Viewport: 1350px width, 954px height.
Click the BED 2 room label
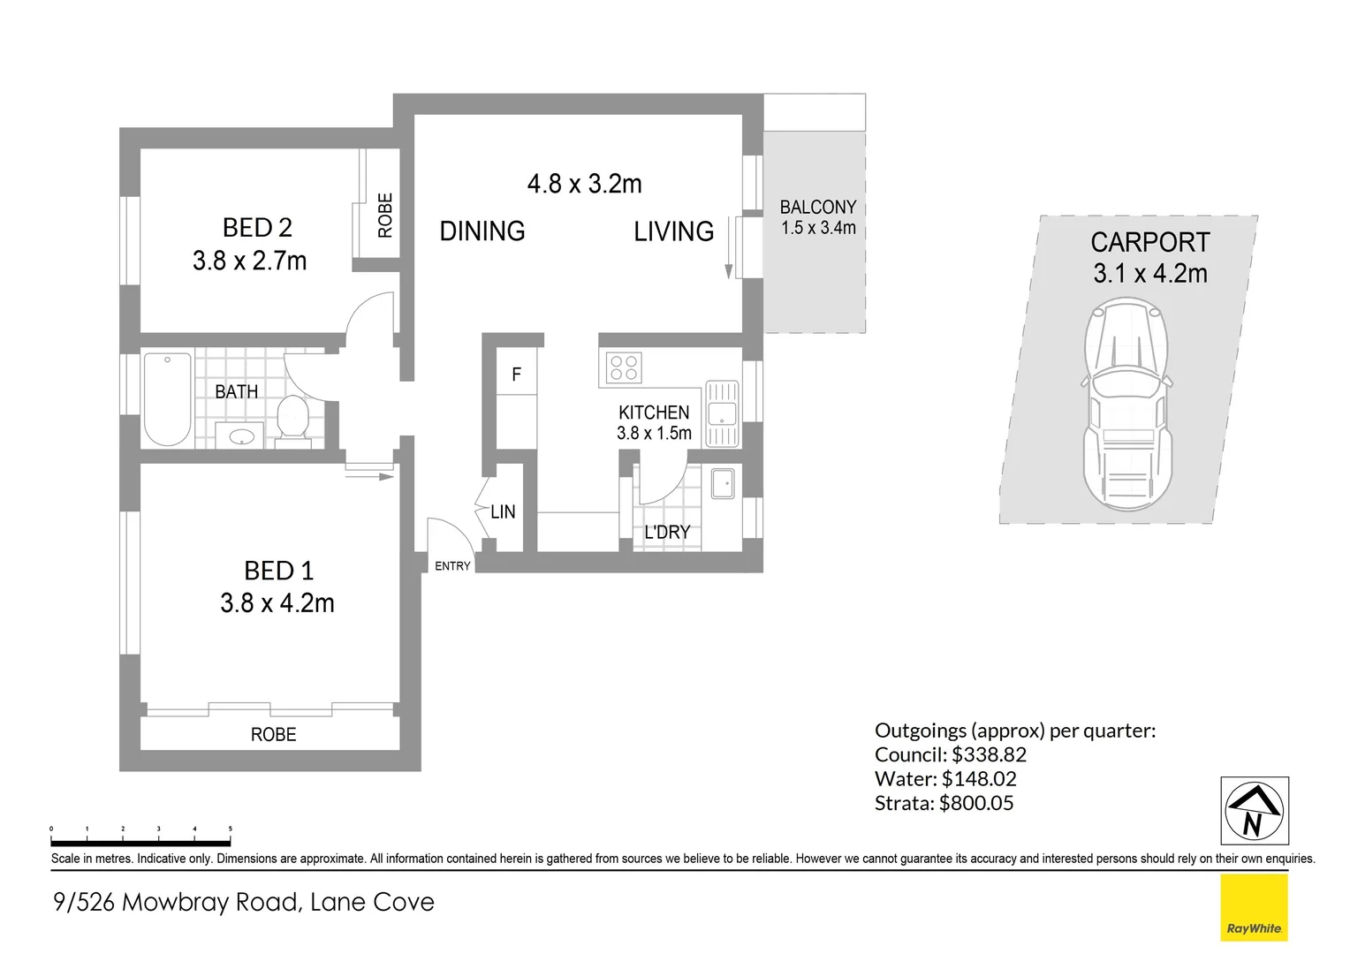[x=257, y=228]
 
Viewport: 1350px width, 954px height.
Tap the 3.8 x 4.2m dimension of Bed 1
[x=277, y=603]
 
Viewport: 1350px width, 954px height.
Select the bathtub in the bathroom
[x=167, y=399]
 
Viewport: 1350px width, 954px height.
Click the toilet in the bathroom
[x=292, y=417]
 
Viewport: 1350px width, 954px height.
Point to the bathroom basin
[x=240, y=436]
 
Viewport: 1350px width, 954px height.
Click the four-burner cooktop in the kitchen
[x=625, y=367]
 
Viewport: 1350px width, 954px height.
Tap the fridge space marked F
[x=516, y=375]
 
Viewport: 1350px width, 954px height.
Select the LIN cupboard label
[x=503, y=511]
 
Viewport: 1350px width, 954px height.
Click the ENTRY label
[x=452, y=566]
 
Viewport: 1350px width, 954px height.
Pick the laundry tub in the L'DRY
[x=723, y=483]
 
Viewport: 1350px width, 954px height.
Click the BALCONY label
[x=817, y=208]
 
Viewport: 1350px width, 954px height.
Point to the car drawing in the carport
[x=1128, y=404]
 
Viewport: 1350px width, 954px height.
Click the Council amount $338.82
[x=989, y=755]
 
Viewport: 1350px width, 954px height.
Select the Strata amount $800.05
[x=976, y=804]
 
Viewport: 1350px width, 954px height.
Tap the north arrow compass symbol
[x=1254, y=811]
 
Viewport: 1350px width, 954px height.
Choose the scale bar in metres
[x=141, y=842]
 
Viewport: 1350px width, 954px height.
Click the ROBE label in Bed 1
[x=273, y=735]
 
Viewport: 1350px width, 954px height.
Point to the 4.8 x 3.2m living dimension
[x=584, y=184]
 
